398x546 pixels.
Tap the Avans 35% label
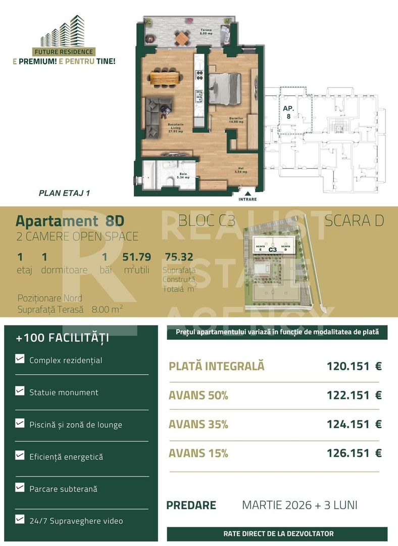click(198, 425)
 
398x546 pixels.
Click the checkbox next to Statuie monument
click(20, 391)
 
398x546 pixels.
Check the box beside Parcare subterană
click(20, 488)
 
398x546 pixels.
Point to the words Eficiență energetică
click(66, 457)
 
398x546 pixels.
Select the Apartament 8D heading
click(70, 221)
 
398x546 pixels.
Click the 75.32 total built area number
click(179, 257)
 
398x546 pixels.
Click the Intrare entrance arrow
click(247, 193)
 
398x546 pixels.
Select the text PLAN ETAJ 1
click(64, 193)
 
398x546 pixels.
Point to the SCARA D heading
click(354, 221)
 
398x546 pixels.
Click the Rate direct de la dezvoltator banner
click(278, 533)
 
